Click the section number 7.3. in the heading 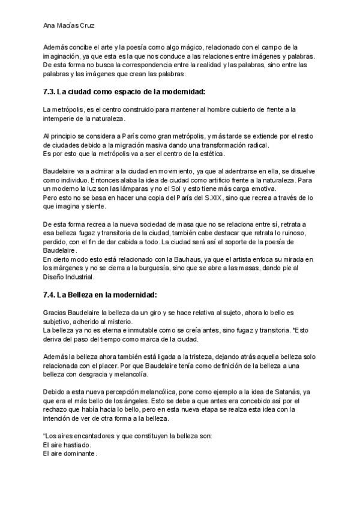[50, 92]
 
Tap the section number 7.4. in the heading [50, 295]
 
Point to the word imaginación [62, 56]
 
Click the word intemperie [59, 119]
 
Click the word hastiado [77, 445]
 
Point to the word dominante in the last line [80, 454]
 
